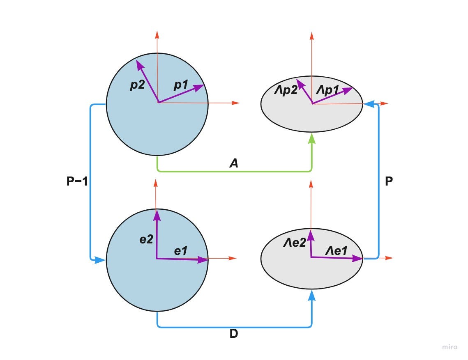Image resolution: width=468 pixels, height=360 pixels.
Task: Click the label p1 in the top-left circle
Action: point(181,85)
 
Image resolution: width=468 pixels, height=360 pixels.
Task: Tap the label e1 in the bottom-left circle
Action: point(181,251)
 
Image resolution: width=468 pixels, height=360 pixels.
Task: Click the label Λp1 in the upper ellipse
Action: point(329,91)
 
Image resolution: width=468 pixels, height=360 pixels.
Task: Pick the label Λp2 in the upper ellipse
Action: point(286,91)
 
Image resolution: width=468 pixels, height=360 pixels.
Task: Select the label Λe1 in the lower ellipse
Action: point(337,250)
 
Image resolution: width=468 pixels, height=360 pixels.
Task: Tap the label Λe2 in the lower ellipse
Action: point(295,243)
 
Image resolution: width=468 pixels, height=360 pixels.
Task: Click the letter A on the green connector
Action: point(234,164)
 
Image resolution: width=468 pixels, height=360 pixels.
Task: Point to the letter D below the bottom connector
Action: point(234,334)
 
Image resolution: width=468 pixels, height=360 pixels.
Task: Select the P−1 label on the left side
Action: point(77,181)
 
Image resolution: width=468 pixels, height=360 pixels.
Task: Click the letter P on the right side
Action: point(389,181)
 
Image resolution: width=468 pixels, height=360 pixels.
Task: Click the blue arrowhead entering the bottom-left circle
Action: point(100,260)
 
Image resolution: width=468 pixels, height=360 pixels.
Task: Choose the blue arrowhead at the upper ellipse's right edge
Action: point(369,104)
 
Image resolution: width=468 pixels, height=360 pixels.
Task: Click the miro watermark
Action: point(450,347)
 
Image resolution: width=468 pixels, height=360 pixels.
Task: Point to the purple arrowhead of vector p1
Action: point(200,87)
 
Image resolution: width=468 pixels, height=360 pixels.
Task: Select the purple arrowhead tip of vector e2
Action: point(157,213)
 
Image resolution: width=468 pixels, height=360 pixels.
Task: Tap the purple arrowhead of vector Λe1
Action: point(357,258)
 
